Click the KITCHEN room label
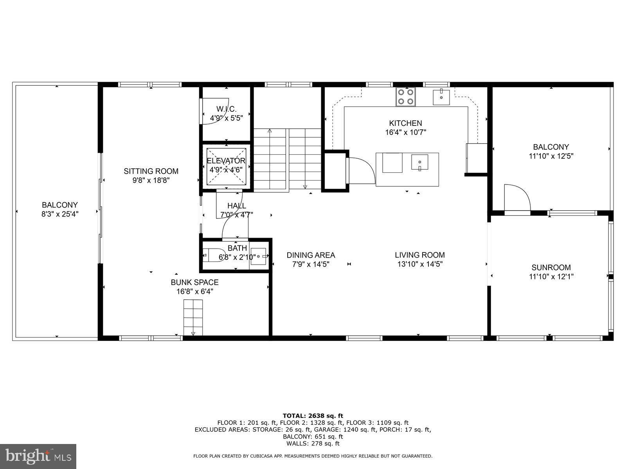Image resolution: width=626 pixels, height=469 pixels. [405, 123]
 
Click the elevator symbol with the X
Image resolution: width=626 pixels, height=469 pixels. [226, 166]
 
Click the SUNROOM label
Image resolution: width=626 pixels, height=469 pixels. [551, 268]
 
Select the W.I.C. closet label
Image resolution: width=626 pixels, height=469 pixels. [227, 109]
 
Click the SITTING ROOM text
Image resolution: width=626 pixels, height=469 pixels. [151, 171]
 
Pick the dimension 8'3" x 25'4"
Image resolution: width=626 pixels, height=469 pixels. [60, 214]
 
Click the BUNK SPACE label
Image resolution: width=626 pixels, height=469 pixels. [194, 282]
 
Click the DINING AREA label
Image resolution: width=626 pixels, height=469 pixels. [311, 255]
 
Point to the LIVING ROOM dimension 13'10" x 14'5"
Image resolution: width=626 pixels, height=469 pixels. [420, 264]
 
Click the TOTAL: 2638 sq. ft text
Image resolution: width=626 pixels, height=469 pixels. [313, 416]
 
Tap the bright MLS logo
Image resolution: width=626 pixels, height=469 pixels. [38, 456]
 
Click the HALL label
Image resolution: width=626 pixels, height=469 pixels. [237, 206]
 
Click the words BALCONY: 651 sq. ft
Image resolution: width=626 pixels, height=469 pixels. [313, 437]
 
